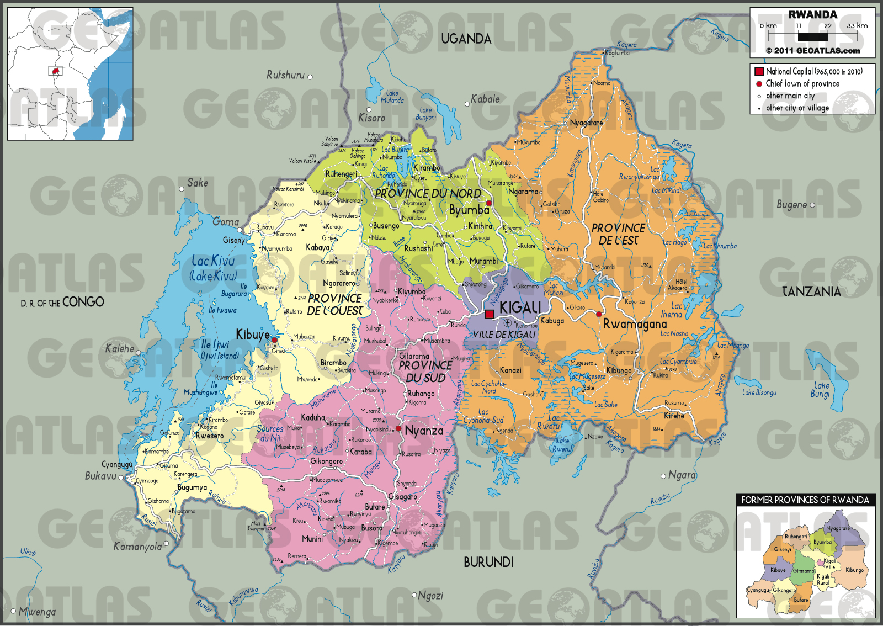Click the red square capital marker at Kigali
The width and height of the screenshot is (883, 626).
point(490,315)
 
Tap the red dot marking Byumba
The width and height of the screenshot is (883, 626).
point(488,203)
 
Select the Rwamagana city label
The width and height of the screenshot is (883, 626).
point(635,324)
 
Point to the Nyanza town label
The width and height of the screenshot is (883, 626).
point(424,431)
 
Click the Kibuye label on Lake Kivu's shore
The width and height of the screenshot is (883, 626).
point(253,335)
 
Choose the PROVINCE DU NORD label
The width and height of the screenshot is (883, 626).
point(428,194)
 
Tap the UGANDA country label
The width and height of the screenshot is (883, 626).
point(466,39)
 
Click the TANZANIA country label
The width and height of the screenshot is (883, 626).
point(811,291)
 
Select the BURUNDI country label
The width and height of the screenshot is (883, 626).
point(488,562)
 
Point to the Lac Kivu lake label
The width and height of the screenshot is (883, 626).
point(213,261)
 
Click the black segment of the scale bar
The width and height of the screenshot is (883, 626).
point(813,37)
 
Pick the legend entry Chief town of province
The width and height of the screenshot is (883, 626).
point(802,84)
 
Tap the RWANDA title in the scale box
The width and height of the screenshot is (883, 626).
point(812,15)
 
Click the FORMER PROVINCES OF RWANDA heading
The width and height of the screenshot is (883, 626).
point(805,500)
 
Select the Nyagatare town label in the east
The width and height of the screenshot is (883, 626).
point(586,123)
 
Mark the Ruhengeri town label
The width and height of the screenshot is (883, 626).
point(341,174)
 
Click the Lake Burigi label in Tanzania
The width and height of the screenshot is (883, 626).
point(821,390)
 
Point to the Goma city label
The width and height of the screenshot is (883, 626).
point(226,222)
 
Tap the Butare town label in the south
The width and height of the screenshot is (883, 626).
point(375,507)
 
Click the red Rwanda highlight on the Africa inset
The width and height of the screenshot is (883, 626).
point(55,71)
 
